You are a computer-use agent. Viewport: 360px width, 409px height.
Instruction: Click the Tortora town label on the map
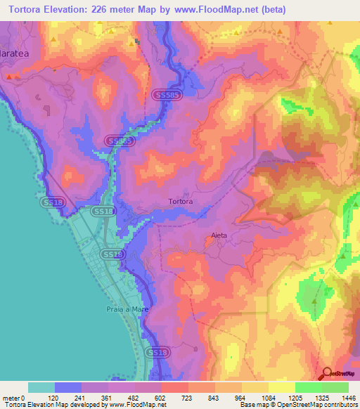[181, 202]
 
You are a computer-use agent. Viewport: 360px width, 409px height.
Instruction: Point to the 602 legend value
[161, 398]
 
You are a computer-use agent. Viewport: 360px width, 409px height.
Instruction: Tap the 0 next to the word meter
[22, 398]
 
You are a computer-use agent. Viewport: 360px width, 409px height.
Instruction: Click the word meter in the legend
[11, 398]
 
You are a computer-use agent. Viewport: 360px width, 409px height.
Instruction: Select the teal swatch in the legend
[41, 387]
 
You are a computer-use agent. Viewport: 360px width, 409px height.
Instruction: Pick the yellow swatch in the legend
[281, 387]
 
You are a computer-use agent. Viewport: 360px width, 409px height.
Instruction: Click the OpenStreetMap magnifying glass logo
[326, 374]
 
